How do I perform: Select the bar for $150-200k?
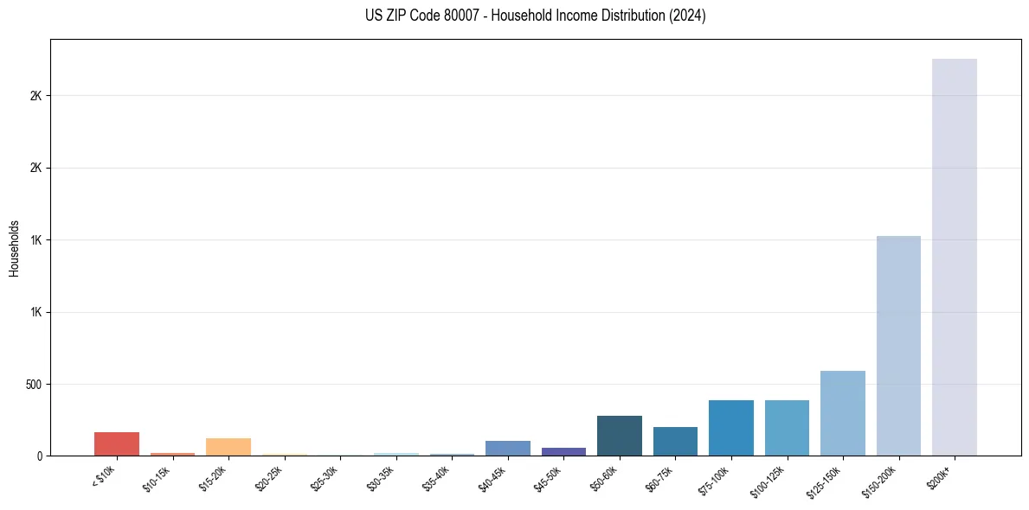pos(898,346)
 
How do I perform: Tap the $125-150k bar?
pos(842,413)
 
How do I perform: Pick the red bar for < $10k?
pos(117,443)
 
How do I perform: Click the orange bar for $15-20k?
pos(228,447)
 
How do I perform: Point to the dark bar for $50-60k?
pos(619,436)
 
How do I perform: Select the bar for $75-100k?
pos(730,428)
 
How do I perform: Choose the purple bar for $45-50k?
pos(563,451)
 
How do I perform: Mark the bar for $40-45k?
pos(508,448)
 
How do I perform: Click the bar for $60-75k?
pos(675,441)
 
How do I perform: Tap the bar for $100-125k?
pos(787,428)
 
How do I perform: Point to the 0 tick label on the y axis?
pos(39,456)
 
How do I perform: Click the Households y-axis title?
pos(14,247)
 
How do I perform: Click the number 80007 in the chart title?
pos(454,16)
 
